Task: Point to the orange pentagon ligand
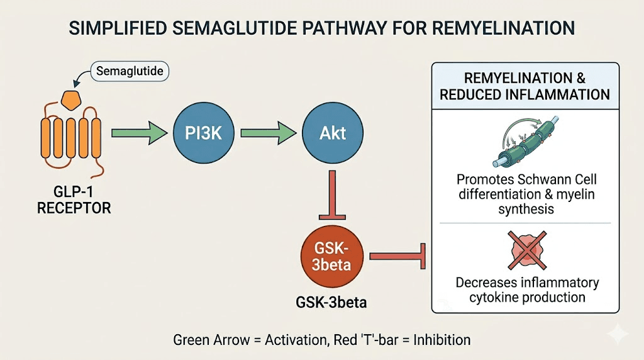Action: click(70, 98)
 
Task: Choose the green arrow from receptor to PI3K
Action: click(140, 133)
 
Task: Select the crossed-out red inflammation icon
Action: click(526, 249)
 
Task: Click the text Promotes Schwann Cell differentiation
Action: click(526, 187)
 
